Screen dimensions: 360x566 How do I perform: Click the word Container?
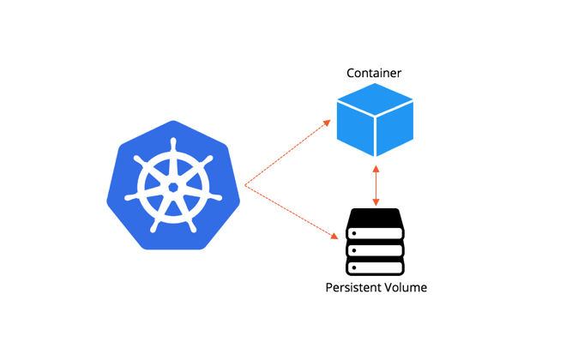pyautogui.click(x=375, y=73)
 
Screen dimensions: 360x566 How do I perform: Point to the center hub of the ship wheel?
pyautogui.click(x=173, y=187)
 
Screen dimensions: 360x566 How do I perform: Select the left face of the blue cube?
pyautogui.click(x=355, y=130)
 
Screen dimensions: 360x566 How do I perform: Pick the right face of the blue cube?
pyautogui.click(x=395, y=130)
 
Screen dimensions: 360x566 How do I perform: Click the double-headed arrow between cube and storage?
pyautogui.click(x=376, y=185)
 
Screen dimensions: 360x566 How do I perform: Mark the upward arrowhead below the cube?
pyautogui.click(x=376, y=169)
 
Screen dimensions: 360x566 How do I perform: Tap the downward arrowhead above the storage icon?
pyautogui.click(x=376, y=202)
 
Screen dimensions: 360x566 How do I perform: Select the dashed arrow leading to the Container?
pyautogui.click(x=287, y=154)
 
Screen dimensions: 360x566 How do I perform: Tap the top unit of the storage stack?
pyautogui.click(x=375, y=231)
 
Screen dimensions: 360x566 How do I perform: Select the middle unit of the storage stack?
pyautogui.click(x=375, y=249)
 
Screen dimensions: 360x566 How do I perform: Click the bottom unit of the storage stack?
pyautogui.click(x=375, y=267)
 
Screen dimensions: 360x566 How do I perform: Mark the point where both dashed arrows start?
pyautogui.click(x=245, y=184)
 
